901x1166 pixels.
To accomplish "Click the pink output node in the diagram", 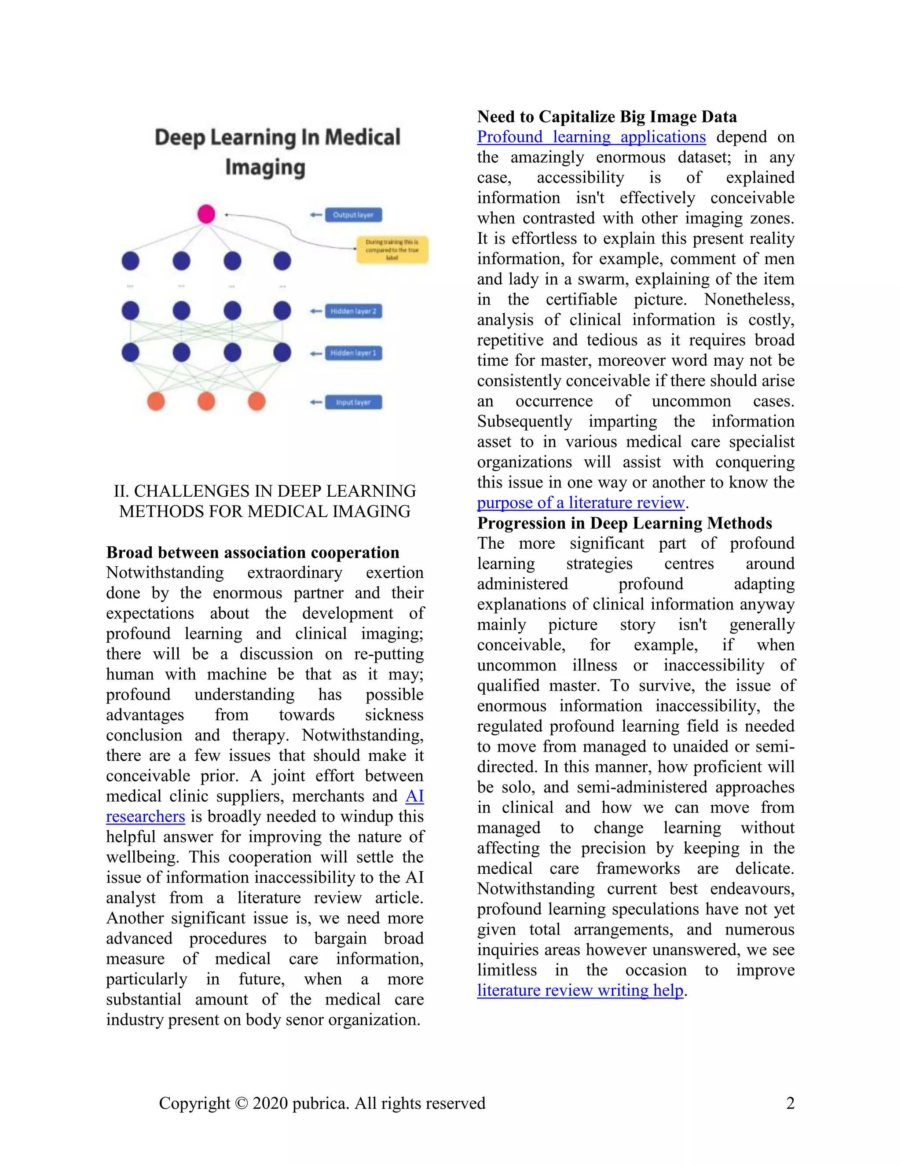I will (206, 214).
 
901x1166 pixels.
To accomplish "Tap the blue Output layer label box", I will (353, 215).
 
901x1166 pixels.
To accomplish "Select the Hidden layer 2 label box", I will (353, 311).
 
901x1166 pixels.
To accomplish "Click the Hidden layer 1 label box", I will (353, 353).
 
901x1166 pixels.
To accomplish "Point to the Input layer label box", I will (353, 402).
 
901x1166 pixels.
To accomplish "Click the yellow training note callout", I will (392, 249).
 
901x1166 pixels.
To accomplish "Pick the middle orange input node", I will (206, 401).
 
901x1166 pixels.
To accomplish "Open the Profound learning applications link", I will (591, 137).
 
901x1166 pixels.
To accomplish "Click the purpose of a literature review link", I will (580, 503).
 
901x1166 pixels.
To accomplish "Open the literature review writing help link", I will (580, 990).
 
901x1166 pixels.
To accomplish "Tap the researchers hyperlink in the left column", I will (145, 816).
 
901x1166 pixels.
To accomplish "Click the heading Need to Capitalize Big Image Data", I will (606, 117).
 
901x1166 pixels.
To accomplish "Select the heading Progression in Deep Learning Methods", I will (624, 523).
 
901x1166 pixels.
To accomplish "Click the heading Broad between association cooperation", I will (253, 552).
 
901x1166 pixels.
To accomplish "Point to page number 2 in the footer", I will (790, 1103).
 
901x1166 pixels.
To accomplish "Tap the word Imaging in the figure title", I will (265, 168).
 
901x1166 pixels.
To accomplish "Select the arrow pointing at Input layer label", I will (316, 402).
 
